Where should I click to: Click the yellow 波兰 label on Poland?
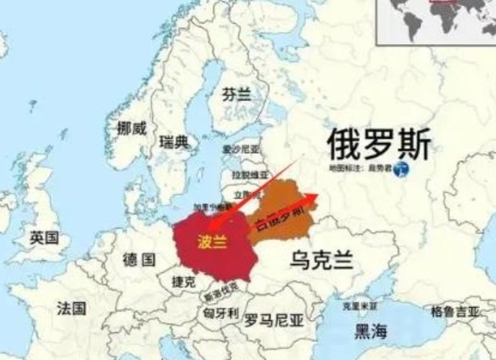point(211,243)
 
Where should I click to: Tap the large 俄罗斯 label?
point(379,144)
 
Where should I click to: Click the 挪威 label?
point(132,128)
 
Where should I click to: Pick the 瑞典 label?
point(174,142)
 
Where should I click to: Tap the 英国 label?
point(45,239)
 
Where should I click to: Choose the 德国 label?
point(139,259)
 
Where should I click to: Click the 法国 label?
point(71,308)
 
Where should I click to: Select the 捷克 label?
point(184,281)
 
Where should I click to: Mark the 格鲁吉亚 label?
point(455,311)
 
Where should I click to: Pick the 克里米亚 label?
point(359,306)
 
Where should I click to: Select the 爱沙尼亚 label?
point(241,149)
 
